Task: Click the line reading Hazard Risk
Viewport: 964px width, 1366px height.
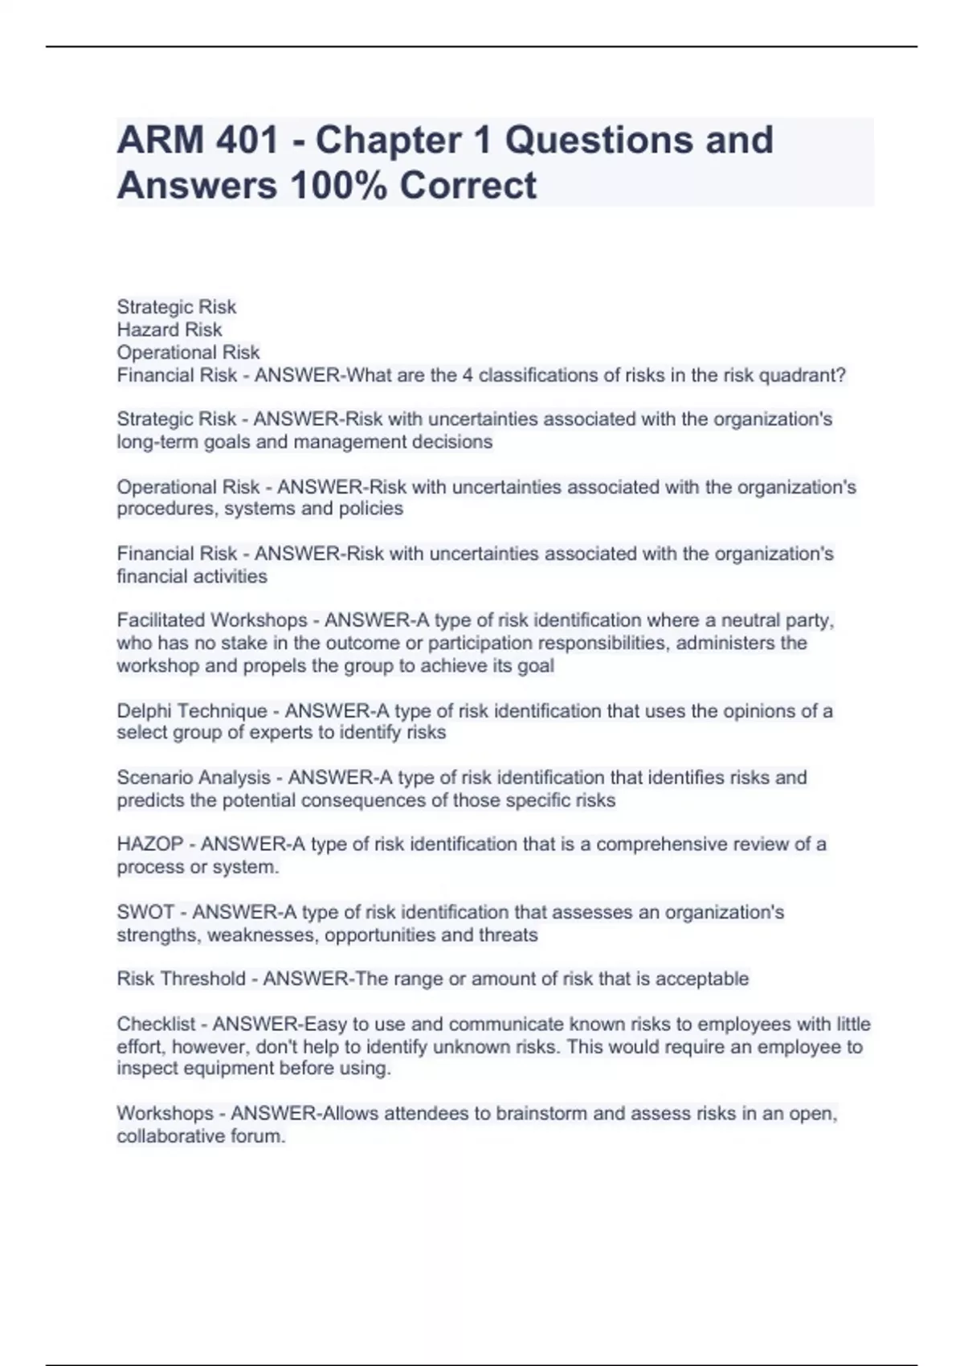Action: tap(170, 329)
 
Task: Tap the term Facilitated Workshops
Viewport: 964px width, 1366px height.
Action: tap(212, 620)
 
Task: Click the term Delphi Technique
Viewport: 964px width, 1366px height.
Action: tap(192, 711)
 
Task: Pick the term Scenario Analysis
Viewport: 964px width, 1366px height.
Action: tap(194, 778)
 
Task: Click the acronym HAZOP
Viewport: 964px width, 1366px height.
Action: tap(150, 845)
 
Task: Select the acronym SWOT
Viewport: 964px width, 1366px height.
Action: tap(145, 912)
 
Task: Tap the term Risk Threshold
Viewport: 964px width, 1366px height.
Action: tap(182, 979)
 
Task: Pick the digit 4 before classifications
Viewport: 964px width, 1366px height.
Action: tap(468, 375)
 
